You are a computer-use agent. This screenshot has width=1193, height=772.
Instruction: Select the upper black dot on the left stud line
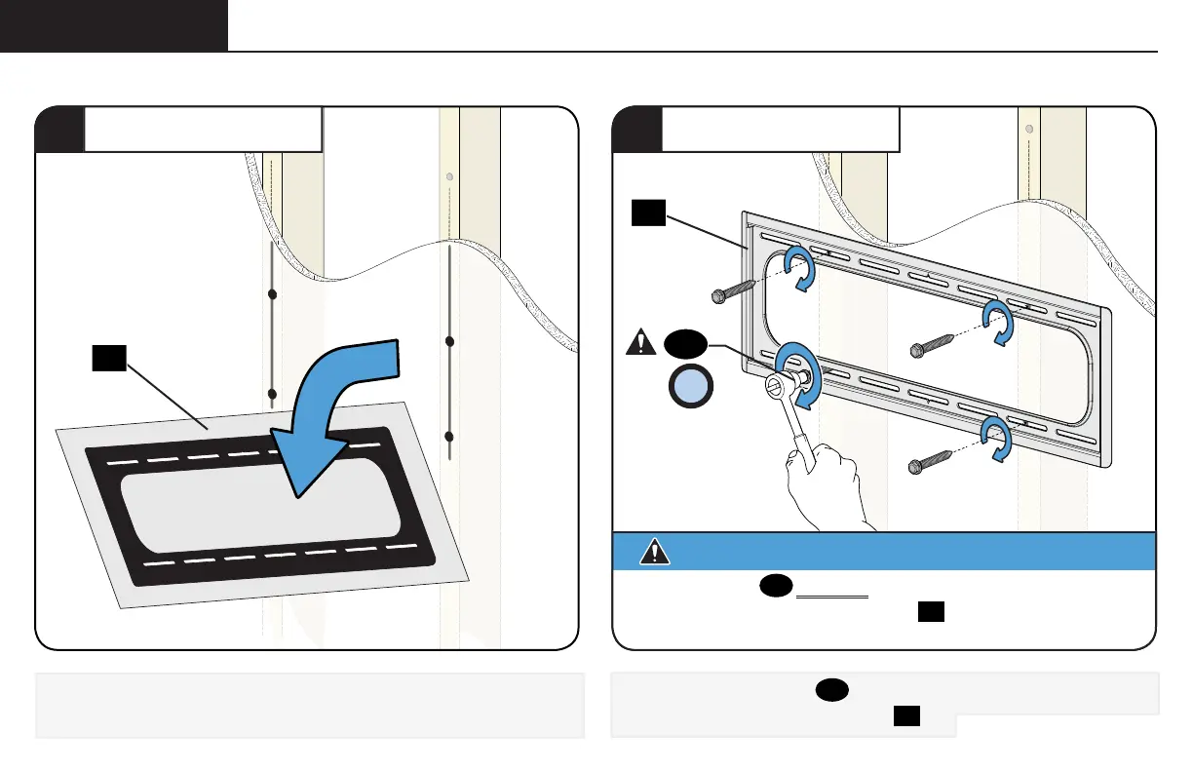pos(273,293)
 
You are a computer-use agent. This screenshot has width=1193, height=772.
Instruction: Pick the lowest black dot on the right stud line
pos(449,436)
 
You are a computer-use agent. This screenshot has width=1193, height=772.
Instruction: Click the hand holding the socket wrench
pos(829,482)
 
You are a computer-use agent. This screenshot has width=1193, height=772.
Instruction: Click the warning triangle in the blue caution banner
pos(655,551)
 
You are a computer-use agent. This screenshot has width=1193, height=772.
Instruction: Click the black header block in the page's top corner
pos(114,25)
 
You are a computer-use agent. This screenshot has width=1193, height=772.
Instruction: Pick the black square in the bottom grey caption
pos(907,717)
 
